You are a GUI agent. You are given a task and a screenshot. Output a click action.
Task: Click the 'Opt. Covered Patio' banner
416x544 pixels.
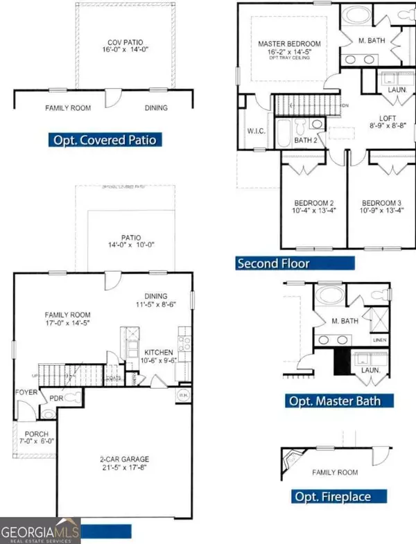tap(106, 140)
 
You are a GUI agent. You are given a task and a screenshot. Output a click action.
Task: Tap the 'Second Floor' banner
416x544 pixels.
tap(295, 263)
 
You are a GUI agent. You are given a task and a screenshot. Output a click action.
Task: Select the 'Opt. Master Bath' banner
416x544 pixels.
tap(332, 401)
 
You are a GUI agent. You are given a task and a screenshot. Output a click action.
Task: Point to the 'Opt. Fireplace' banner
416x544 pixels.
tap(331, 496)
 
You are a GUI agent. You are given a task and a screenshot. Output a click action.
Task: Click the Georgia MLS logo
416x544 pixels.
tap(40, 532)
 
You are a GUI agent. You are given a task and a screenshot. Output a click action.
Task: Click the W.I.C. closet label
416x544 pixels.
tap(257, 130)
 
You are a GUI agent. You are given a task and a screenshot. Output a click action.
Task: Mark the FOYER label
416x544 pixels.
tap(26, 392)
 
